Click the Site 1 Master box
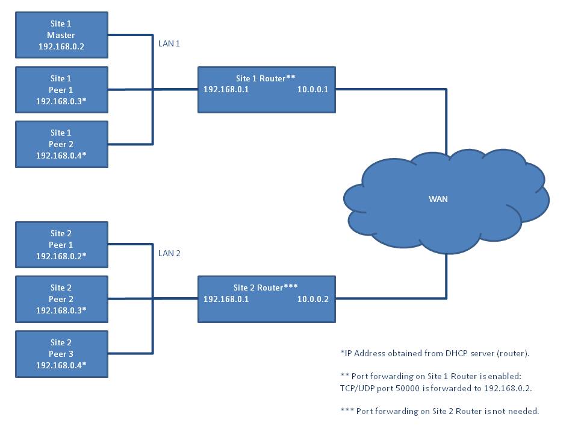click(61, 35)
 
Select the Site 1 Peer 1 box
click(61, 90)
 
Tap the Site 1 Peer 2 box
click(61, 144)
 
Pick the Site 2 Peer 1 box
click(61, 245)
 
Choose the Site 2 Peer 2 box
click(61, 299)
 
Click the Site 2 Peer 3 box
click(61, 354)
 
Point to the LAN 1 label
click(169, 44)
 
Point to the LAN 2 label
click(169, 253)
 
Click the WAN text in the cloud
click(438, 199)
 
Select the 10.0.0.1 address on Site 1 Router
click(312, 90)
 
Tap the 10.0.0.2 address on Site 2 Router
click(312, 299)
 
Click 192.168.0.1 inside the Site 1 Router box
click(226, 90)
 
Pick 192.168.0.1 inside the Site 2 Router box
click(226, 299)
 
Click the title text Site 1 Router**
click(266, 78)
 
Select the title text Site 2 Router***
click(266, 288)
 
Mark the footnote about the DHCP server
click(435, 353)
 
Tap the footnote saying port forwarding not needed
click(440, 411)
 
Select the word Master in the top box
click(61, 35)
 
